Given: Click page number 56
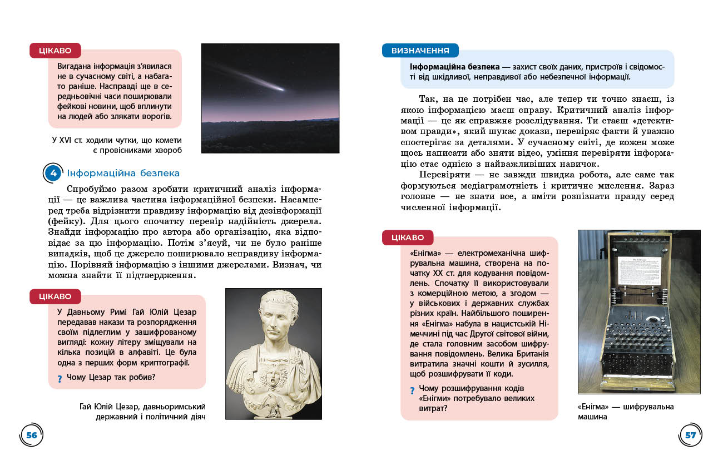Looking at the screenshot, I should point(32,435).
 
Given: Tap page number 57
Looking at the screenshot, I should point(690,435).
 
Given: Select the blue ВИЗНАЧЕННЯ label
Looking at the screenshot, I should point(420,51).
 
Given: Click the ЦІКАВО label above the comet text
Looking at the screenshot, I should point(55,51).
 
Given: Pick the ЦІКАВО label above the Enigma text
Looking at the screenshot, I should point(407,238).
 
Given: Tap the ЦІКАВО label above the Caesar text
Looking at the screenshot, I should point(55,296).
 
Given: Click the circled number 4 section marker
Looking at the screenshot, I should point(53,173).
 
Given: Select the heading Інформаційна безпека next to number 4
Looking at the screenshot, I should point(123,173).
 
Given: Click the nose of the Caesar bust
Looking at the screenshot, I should point(272,321).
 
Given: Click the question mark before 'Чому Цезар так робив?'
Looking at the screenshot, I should point(60,379).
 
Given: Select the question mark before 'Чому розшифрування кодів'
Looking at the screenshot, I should point(412,390).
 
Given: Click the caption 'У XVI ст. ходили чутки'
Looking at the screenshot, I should point(117,145).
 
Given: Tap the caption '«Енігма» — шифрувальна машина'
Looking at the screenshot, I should point(626,412).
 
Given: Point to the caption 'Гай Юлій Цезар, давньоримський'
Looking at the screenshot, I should point(143,412).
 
